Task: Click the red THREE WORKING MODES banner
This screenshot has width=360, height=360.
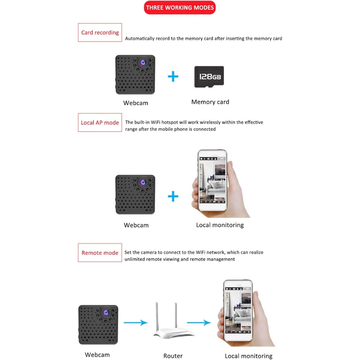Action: pyautogui.click(x=180, y=7)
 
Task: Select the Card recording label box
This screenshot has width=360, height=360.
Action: pyautogui.click(x=100, y=32)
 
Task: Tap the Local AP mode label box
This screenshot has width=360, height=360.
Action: pyautogui.click(x=100, y=122)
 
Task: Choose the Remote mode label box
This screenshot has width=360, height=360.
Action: pyautogui.click(x=100, y=253)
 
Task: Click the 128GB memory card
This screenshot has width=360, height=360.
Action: pyautogui.click(x=209, y=77)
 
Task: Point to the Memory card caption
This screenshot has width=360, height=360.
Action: pyautogui.click(x=210, y=102)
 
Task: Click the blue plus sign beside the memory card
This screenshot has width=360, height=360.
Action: pyautogui.click(x=173, y=77)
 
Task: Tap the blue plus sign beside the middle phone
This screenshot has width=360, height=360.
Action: pyautogui.click(x=173, y=197)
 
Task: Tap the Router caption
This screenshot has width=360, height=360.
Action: pyautogui.click(x=173, y=356)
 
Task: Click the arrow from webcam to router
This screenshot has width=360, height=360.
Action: pyautogui.click(x=136, y=323)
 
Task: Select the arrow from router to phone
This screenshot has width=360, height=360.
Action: pyautogui.click(x=199, y=323)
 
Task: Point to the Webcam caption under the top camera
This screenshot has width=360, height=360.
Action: pyautogui.click(x=136, y=103)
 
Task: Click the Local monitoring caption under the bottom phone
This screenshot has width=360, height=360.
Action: pyautogui.click(x=248, y=356)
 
